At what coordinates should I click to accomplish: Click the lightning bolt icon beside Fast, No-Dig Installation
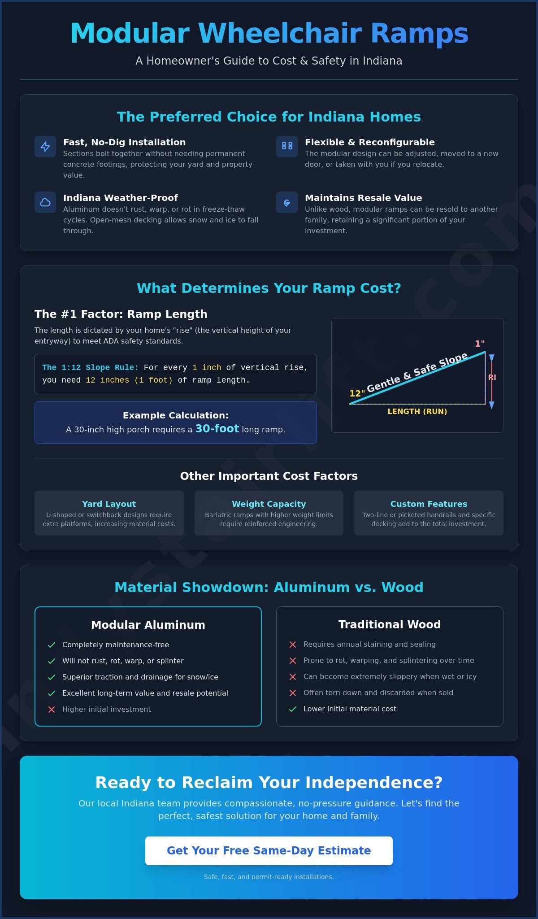point(45,147)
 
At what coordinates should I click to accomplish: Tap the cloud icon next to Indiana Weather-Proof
point(45,202)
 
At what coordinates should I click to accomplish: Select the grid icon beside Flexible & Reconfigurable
point(287,146)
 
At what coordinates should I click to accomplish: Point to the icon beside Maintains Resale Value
point(287,203)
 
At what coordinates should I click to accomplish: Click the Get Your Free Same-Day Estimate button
point(269,851)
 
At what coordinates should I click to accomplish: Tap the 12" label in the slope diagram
point(357,393)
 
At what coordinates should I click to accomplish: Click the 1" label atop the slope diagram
point(480,344)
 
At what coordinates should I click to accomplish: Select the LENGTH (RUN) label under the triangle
point(417,411)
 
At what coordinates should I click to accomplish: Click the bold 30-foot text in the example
point(217,429)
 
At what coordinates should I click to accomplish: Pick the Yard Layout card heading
point(109,504)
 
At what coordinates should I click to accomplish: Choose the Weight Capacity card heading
point(269,504)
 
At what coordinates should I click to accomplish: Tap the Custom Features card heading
point(429,504)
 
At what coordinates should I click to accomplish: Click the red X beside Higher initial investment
point(52,710)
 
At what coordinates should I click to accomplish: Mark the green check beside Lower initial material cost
point(293,709)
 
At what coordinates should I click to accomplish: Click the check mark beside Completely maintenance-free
point(52,645)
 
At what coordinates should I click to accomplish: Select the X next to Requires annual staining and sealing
point(293,645)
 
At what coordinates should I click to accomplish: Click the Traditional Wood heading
point(390,624)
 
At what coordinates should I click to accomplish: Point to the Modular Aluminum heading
point(148,625)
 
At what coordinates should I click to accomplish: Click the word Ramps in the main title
point(419,34)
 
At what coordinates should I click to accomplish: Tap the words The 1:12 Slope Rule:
point(90,367)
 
